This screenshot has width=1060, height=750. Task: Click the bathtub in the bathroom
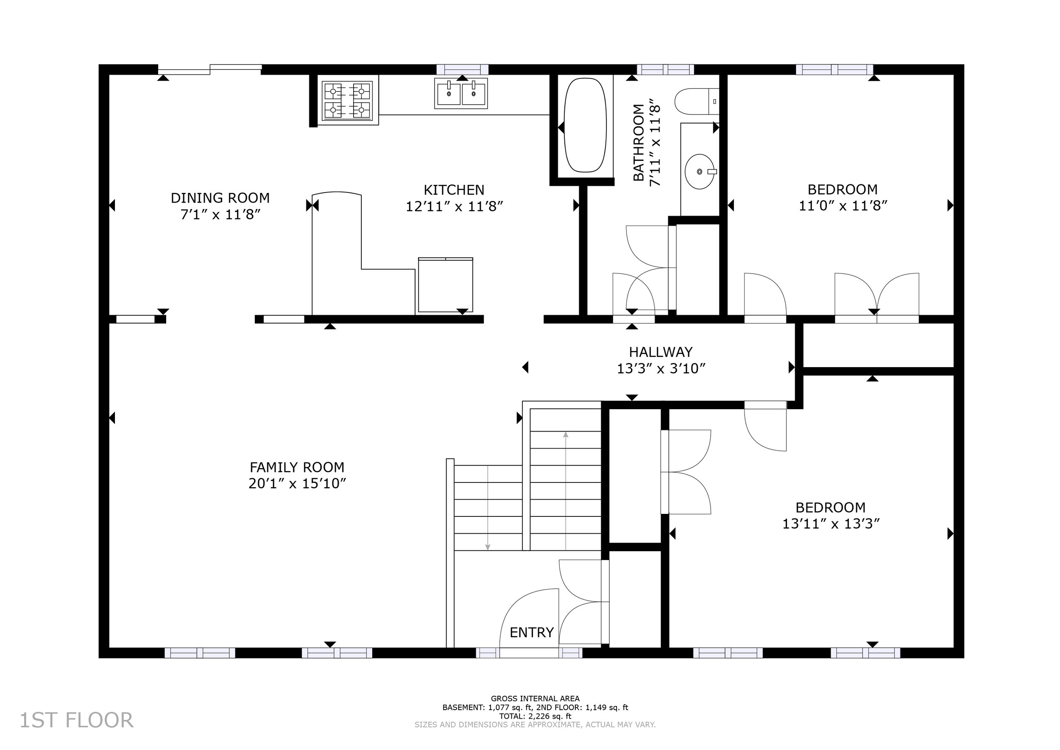(x=585, y=125)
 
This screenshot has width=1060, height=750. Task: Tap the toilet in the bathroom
(x=697, y=101)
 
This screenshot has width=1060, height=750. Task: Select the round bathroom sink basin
(x=700, y=172)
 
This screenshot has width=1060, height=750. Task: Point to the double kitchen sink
(x=461, y=94)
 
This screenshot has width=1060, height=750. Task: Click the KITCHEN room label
(x=454, y=190)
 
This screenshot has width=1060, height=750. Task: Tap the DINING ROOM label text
(x=220, y=198)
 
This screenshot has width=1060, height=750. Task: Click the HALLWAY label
(x=661, y=352)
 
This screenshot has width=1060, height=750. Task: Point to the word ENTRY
(x=532, y=633)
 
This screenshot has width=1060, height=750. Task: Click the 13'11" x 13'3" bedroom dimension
(x=831, y=524)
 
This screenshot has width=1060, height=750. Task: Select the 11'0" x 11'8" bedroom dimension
(x=843, y=206)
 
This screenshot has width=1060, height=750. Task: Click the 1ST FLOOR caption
(x=77, y=720)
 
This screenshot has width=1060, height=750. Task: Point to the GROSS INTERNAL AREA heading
(x=536, y=699)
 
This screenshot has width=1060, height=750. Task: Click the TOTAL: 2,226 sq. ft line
(x=536, y=716)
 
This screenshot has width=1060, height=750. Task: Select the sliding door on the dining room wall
(x=210, y=69)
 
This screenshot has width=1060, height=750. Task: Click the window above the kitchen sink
(x=462, y=69)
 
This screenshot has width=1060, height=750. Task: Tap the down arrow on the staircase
(x=488, y=507)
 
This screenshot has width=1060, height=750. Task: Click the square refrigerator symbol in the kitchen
(x=446, y=285)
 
